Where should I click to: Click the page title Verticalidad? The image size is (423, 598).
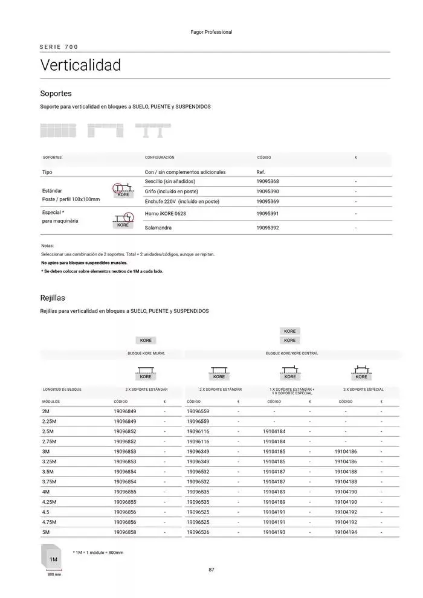[80, 65]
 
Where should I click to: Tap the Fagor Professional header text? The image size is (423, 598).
[211, 32]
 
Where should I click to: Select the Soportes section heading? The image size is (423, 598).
[56, 94]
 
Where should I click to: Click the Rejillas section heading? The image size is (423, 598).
[53, 298]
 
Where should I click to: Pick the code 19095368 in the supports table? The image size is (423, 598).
[268, 181]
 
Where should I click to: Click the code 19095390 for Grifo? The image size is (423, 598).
[268, 191]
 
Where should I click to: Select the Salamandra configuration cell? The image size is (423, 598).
[158, 228]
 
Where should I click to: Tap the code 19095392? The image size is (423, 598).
[268, 228]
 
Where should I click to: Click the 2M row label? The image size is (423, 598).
[46, 411]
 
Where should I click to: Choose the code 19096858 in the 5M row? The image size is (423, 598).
[125, 532]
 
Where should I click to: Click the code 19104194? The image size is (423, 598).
[346, 532]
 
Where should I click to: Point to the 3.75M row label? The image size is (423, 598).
[50, 481]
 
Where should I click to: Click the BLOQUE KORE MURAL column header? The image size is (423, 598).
[142, 353]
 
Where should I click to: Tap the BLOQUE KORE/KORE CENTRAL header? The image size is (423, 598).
[292, 353]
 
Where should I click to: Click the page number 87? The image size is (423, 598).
[211, 570]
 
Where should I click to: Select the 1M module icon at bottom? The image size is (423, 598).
[53, 559]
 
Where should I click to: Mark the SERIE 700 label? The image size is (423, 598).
[59, 47]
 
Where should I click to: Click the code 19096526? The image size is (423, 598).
[198, 532]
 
